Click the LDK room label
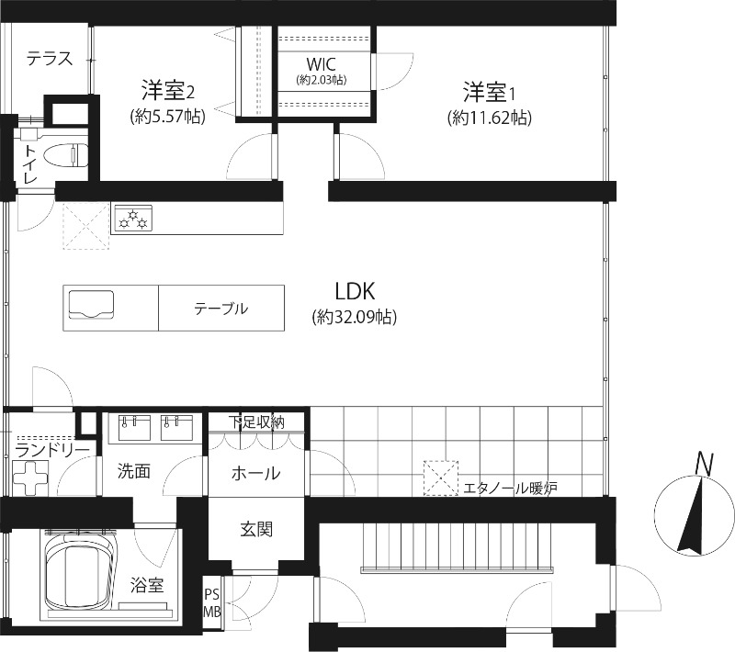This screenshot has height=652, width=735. (355, 291)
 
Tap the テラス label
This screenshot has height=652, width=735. (50, 59)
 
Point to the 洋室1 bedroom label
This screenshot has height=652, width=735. (490, 92)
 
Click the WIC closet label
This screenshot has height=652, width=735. (321, 63)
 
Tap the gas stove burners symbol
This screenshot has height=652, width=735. (133, 219)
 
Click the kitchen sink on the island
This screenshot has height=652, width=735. (91, 305)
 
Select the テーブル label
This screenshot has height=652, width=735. (221, 309)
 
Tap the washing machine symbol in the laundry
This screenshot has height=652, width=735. (30, 478)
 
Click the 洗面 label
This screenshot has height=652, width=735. (134, 471)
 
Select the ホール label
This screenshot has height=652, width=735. (256, 474)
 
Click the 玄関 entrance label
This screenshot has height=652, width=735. (256, 530)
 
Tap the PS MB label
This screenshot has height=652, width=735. (212, 602)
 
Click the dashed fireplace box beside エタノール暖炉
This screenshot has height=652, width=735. (441, 478)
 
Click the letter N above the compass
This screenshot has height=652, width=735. (704, 464)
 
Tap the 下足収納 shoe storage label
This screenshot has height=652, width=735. (256, 422)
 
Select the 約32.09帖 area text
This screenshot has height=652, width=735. (355, 318)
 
